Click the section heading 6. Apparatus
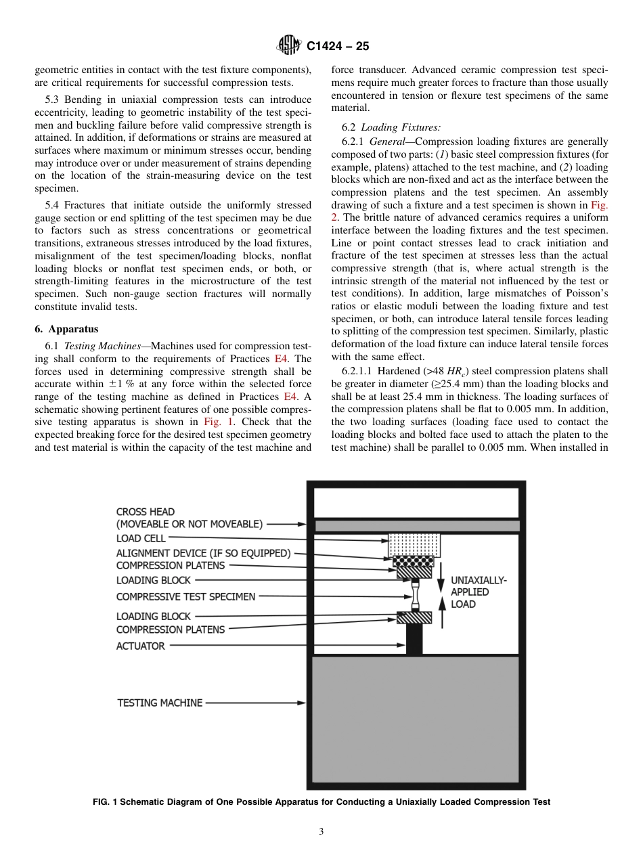pyautogui.click(x=66, y=329)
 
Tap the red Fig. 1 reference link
pyautogui.click(x=217, y=422)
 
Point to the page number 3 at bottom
pyautogui.click(x=321, y=831)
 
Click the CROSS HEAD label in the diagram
pyautogui.click(x=146, y=512)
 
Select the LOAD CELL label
pyautogui.click(x=141, y=538)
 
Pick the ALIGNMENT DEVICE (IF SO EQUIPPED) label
pyautogui.click(x=203, y=553)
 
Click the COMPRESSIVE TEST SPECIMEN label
pyautogui.click(x=185, y=596)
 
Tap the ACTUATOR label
pyautogui.click(x=140, y=646)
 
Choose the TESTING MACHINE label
pyautogui.click(x=160, y=703)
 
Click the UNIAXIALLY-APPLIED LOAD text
pyautogui.click(x=478, y=592)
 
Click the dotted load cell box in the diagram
pyautogui.click(x=414, y=544)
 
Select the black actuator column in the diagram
pyautogui.click(x=414, y=639)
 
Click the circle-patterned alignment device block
pyautogui.click(x=414, y=562)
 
